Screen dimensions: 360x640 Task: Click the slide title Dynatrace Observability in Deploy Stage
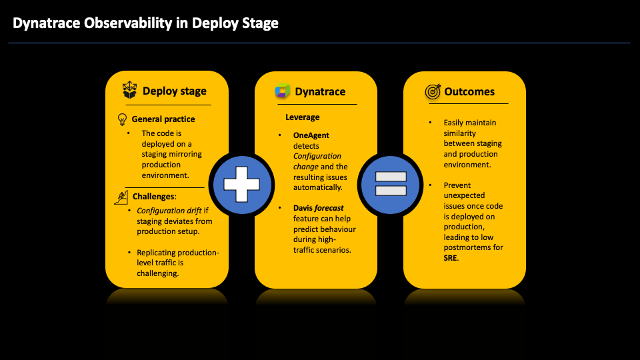(x=145, y=23)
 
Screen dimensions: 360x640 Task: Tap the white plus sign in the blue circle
(x=241, y=183)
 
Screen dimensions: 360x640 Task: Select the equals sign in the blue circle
(x=391, y=183)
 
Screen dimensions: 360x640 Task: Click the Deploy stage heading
(x=175, y=91)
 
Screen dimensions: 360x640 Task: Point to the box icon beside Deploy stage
(x=130, y=91)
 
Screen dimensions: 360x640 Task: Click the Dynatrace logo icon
(x=283, y=91)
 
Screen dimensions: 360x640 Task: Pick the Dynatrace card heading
(x=320, y=91)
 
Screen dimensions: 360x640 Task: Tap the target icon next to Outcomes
(x=433, y=91)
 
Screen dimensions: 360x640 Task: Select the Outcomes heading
(x=469, y=91)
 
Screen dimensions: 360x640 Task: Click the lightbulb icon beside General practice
(x=122, y=119)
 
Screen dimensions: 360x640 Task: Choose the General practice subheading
(x=163, y=119)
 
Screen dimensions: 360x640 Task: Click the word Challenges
(x=154, y=197)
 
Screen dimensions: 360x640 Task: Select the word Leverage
(x=303, y=117)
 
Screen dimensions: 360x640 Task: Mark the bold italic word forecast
(x=329, y=208)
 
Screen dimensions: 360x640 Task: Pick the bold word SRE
(x=451, y=257)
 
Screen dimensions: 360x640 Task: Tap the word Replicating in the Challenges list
(x=156, y=253)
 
